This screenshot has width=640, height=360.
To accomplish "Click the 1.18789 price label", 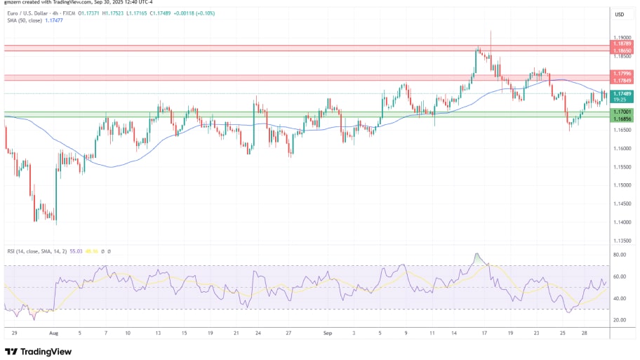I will (622, 44).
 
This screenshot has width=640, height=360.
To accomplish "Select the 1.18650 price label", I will (622, 51).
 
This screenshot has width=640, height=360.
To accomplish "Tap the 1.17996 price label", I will (622, 73).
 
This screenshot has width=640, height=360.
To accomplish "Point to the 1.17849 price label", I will (622, 80).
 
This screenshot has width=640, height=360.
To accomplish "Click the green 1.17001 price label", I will (622, 112).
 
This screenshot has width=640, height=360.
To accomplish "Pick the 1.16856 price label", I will (622, 119).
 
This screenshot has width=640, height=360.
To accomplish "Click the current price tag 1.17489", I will (622, 93).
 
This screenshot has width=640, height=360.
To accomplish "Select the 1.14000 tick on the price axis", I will (622, 222).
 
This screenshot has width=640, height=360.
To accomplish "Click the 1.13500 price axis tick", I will (622, 241).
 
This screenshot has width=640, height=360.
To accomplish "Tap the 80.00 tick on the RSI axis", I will (620, 255).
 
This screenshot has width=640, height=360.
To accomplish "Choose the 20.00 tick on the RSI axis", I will (620, 320).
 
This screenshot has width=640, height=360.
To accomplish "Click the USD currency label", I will (620, 14).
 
